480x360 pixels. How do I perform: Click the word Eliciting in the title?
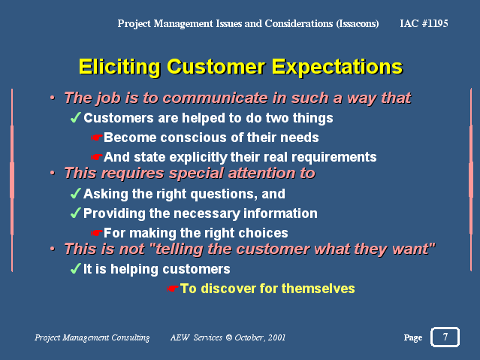pyautogui.click(x=119, y=66)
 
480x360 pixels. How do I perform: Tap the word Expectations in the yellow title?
pyautogui.click(x=337, y=67)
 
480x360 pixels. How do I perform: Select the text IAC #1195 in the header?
pyautogui.click(x=424, y=23)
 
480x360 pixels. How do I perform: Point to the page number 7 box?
pyautogui.click(x=445, y=337)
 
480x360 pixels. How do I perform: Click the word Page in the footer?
pyautogui.click(x=413, y=337)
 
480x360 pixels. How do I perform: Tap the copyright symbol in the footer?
pyautogui.click(x=228, y=337)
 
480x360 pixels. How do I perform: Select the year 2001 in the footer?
pyautogui.click(x=276, y=337)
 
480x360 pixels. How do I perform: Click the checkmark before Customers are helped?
pyautogui.click(x=76, y=117)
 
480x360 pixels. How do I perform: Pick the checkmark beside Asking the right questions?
pyautogui.click(x=76, y=193)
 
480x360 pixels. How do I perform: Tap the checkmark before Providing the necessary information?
pyautogui.click(x=76, y=213)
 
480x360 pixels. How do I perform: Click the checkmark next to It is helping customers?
pyautogui.click(x=76, y=268)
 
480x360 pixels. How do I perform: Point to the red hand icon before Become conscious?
pyautogui.click(x=96, y=138)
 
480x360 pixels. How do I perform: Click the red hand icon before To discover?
pyautogui.click(x=172, y=289)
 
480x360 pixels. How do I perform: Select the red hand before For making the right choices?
pyautogui.click(x=96, y=233)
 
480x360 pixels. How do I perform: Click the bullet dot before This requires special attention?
pyautogui.click(x=53, y=173)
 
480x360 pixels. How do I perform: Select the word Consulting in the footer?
pyautogui.click(x=131, y=337)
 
